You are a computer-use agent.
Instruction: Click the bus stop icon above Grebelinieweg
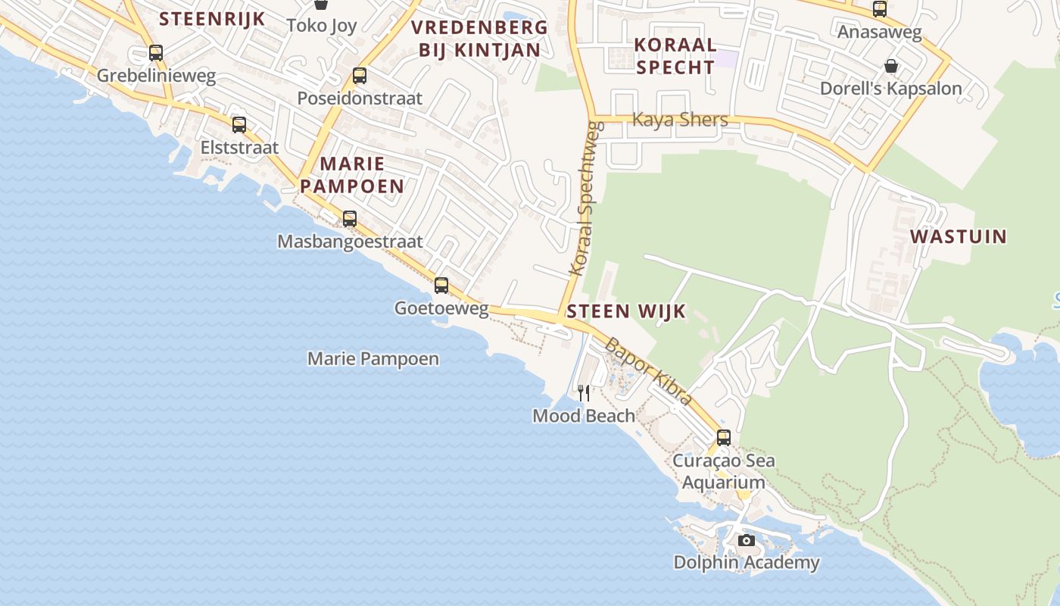click(156, 53)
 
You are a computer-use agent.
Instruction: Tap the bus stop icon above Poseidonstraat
click(360, 76)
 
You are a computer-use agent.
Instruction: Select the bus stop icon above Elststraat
click(239, 125)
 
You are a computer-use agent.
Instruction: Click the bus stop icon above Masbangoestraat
click(349, 219)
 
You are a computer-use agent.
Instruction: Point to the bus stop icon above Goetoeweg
click(441, 286)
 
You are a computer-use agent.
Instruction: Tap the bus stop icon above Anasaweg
click(879, 10)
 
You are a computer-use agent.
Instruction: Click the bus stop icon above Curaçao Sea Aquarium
click(724, 438)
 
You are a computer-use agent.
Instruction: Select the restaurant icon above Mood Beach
click(584, 392)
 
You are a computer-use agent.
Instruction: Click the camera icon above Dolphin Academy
click(747, 540)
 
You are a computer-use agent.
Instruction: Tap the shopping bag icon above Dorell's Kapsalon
click(891, 66)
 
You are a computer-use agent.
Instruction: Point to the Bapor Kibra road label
click(648, 371)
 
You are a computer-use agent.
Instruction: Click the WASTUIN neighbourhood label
click(959, 236)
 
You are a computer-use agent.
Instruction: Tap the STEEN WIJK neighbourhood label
click(626, 311)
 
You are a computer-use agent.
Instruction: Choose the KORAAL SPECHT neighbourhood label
click(675, 55)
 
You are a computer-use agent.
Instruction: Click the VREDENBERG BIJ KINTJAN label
click(479, 39)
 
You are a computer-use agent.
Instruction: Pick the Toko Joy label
click(322, 25)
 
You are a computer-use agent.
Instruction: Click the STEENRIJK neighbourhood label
click(212, 19)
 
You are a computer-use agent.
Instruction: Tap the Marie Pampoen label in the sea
click(373, 358)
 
